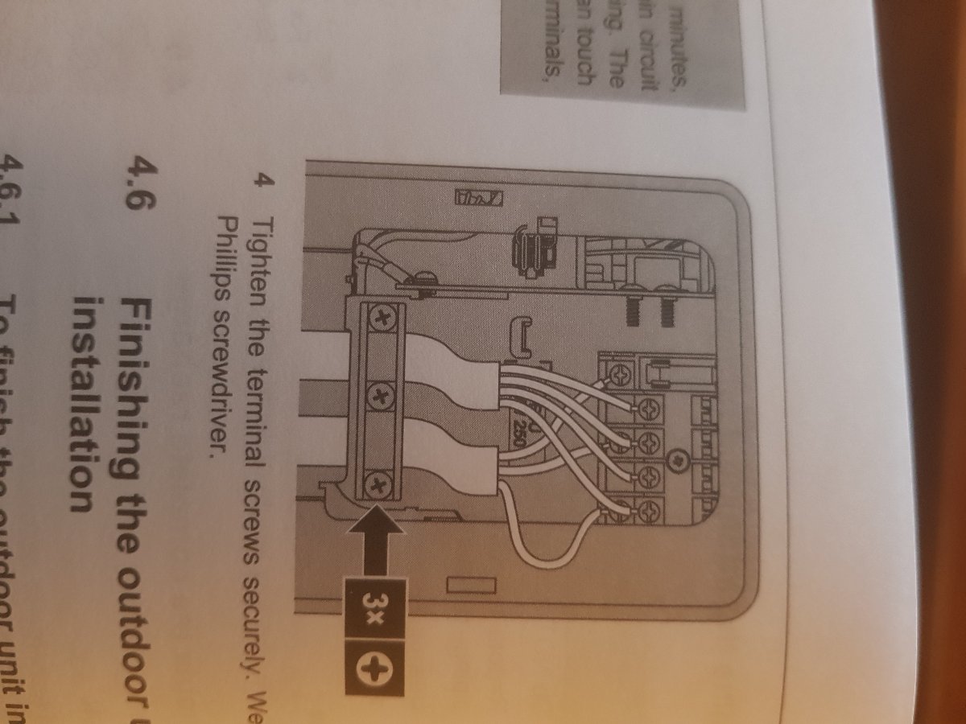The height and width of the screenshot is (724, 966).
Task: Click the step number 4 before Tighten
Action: pyautogui.click(x=259, y=179)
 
